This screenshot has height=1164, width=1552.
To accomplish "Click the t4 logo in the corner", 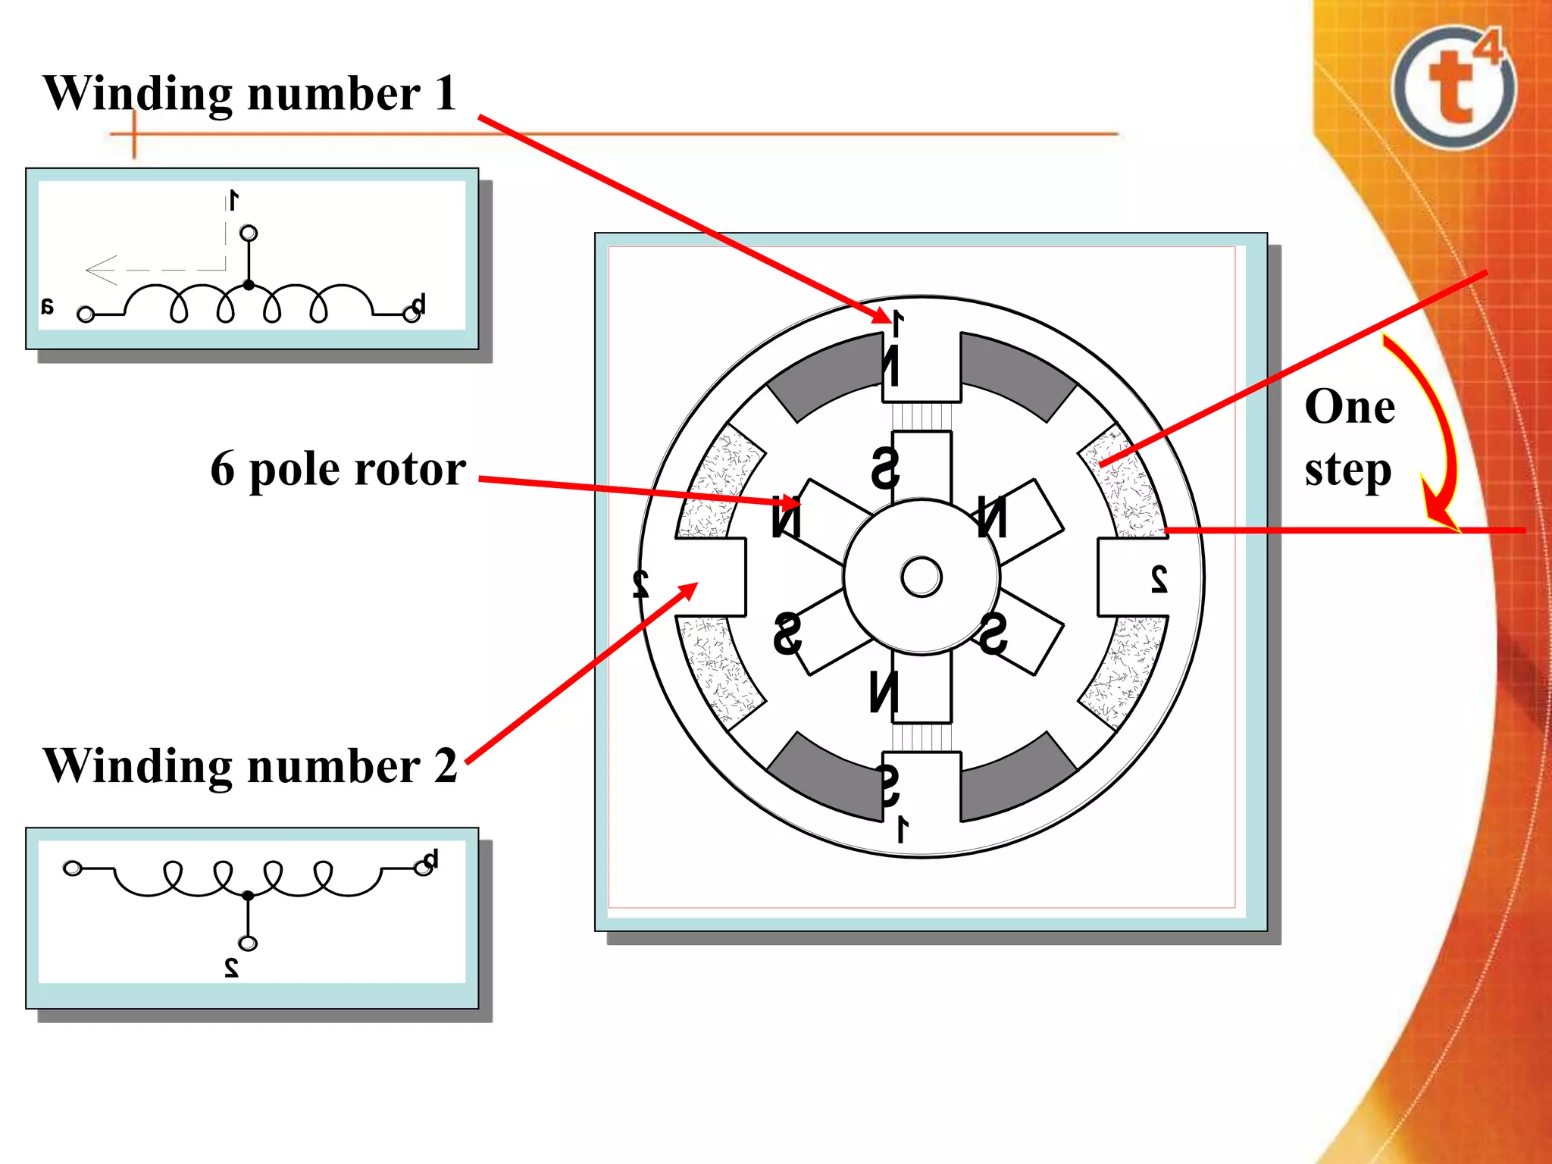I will tap(1453, 87).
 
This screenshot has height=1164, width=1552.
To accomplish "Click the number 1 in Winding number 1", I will tap(445, 94).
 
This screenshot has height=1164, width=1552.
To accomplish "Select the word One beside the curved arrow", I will tap(1350, 407).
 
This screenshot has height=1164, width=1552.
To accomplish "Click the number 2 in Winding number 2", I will tap(446, 765).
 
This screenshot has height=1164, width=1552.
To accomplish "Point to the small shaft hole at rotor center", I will tap(921, 577).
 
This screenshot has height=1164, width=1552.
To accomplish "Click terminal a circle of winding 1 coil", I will tap(86, 314).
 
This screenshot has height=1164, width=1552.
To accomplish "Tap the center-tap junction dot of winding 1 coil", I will tap(249, 285).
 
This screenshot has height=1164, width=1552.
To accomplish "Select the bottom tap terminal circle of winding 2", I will tap(248, 943).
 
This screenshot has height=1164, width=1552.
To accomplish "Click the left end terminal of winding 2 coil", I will tap(73, 868).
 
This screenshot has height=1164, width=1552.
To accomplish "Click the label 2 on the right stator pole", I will tap(1159, 579).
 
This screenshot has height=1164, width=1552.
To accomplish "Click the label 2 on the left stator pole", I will tap(641, 582).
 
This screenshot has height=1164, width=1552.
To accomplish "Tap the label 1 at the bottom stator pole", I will tap(902, 829).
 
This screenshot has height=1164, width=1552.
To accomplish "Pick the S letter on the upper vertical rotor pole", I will tap(885, 468).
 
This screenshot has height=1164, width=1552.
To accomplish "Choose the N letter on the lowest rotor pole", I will tap(884, 692).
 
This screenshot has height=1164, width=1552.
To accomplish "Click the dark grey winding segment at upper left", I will tap(826, 375).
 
